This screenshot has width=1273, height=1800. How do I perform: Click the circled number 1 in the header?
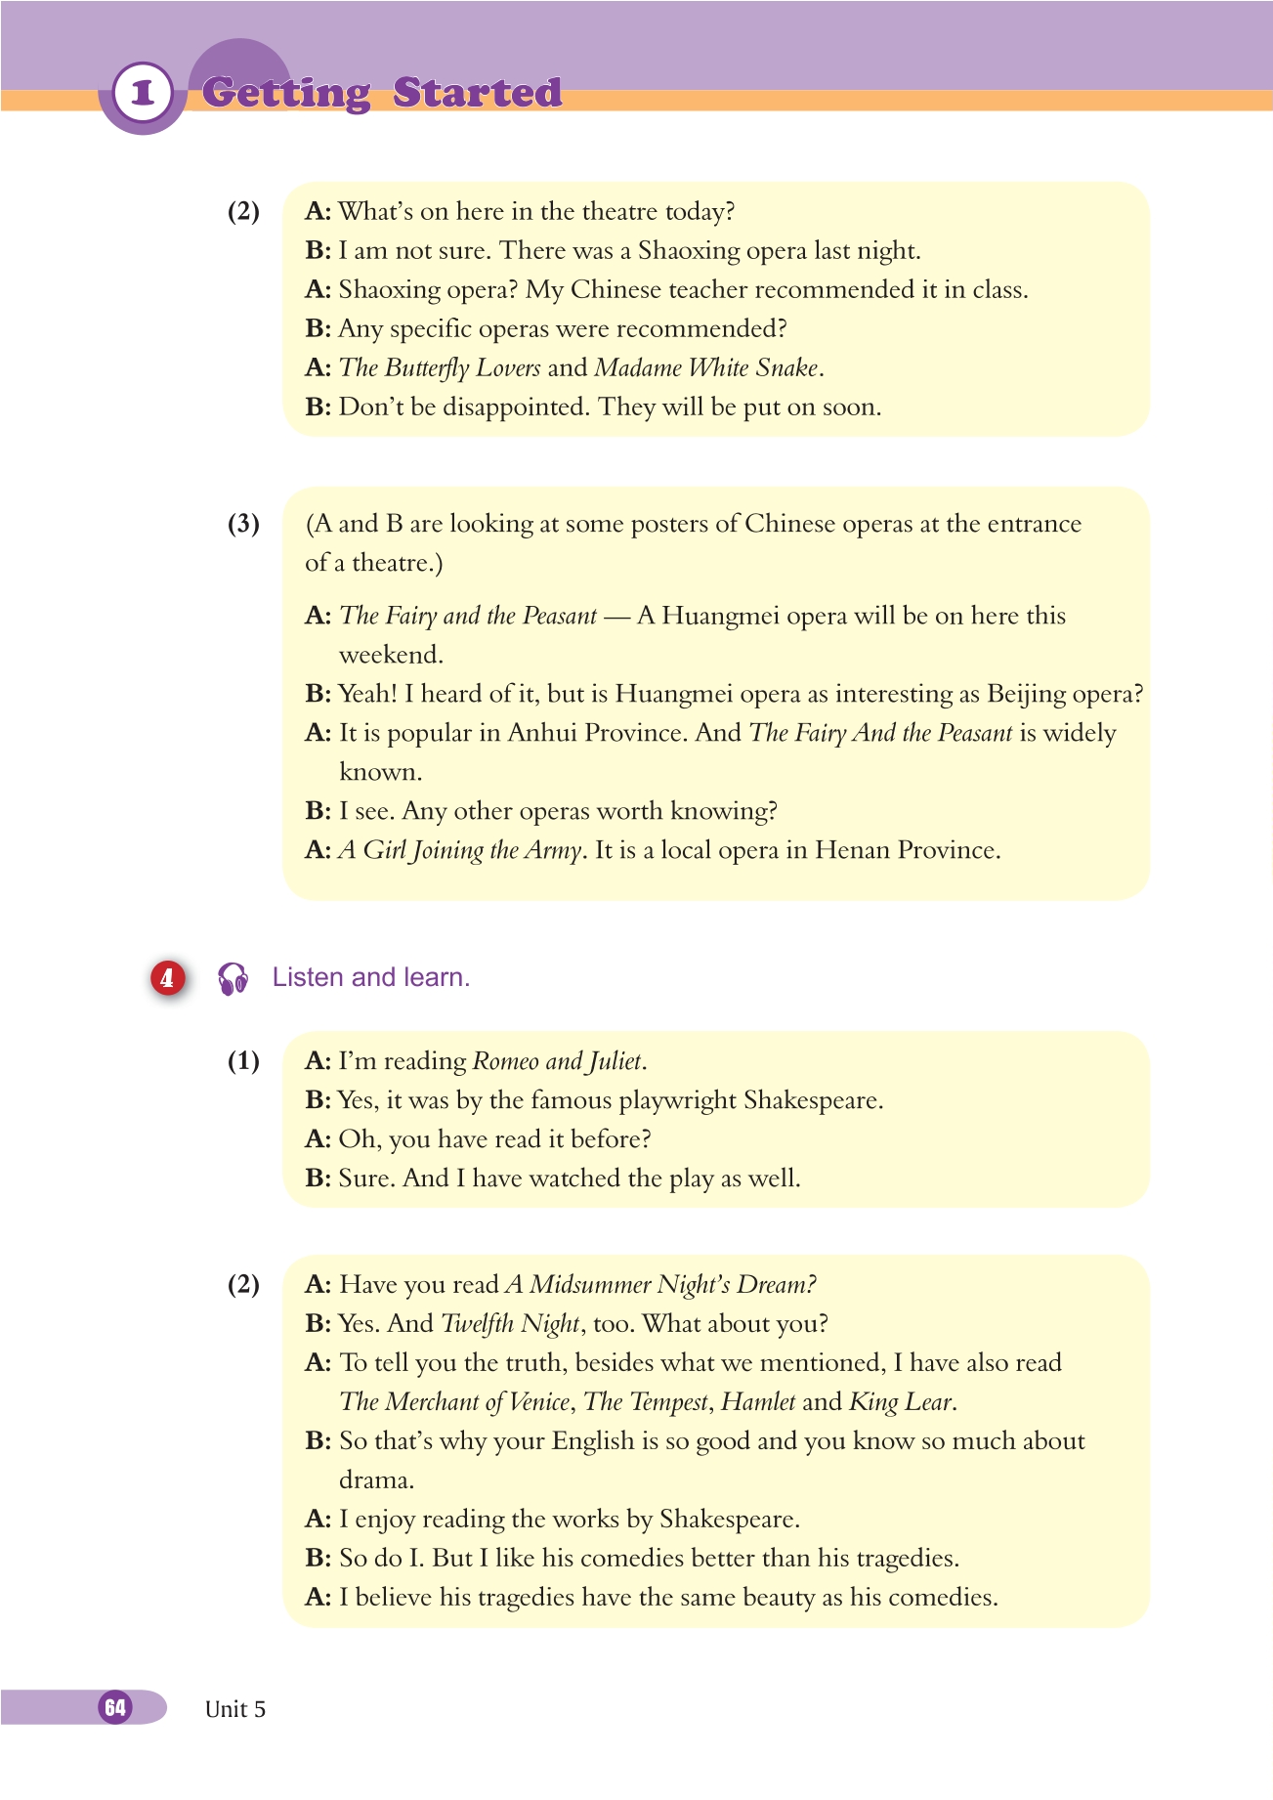click(x=143, y=93)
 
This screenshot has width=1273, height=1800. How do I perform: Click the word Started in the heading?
click(x=477, y=93)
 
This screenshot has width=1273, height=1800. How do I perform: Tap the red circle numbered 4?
click(x=167, y=977)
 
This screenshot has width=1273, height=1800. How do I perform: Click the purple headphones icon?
click(x=233, y=978)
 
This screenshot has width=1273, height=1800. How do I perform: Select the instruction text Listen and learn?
click(x=370, y=977)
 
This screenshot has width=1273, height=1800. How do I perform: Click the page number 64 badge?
click(x=115, y=1707)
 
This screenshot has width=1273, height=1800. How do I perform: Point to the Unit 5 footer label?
click(x=234, y=1709)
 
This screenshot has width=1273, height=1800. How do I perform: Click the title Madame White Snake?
click(x=706, y=367)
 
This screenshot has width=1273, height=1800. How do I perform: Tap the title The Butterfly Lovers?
click(x=439, y=367)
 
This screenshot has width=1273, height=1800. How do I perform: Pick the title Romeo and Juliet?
click(x=557, y=1061)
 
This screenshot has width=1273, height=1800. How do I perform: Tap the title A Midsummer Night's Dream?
click(x=660, y=1284)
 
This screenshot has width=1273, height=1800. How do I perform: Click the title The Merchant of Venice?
click(x=454, y=1402)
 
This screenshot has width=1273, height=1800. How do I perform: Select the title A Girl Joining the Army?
click(x=460, y=850)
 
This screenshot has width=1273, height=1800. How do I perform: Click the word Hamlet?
click(x=758, y=1402)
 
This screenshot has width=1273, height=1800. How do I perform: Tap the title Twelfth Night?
click(x=511, y=1324)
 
